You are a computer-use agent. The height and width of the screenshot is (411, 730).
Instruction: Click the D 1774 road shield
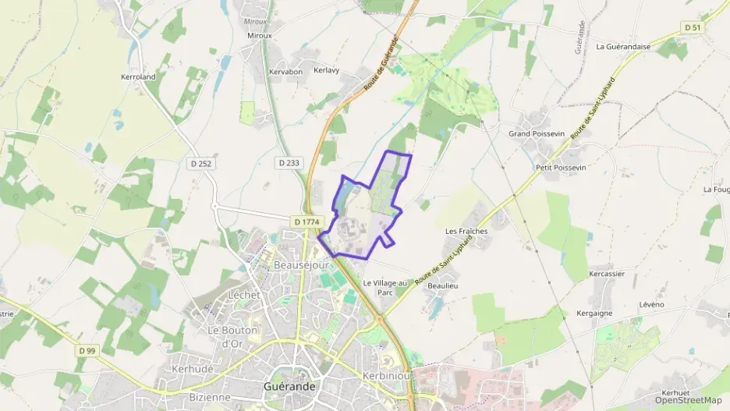(x=307, y=222)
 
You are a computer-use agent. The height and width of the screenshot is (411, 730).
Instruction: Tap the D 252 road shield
(x=200, y=164)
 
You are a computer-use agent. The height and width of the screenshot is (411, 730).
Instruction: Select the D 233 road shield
(x=288, y=163)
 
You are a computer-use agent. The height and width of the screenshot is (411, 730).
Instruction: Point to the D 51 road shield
(x=692, y=27)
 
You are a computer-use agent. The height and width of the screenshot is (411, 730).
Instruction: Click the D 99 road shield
(x=87, y=351)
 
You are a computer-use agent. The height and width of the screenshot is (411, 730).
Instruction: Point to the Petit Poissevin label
(x=561, y=168)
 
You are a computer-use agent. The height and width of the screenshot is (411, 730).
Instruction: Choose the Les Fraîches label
(x=466, y=232)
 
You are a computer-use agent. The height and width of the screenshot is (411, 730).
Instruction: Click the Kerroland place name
(x=138, y=77)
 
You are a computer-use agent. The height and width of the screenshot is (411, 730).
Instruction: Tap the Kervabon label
(x=285, y=72)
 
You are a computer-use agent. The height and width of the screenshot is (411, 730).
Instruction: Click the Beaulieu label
(x=442, y=286)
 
